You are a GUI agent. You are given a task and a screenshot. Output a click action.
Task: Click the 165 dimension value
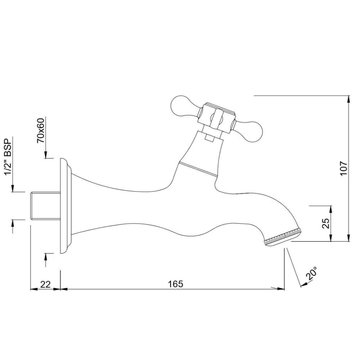(175, 284)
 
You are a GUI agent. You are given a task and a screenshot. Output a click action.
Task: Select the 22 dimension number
(45, 284)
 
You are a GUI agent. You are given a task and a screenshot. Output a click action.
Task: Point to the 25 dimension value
(326, 223)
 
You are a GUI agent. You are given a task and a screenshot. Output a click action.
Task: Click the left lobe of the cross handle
(182, 106)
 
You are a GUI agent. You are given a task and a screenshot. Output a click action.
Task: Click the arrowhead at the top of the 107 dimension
(349, 99)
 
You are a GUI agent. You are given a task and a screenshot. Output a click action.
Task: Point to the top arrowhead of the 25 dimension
(331, 209)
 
